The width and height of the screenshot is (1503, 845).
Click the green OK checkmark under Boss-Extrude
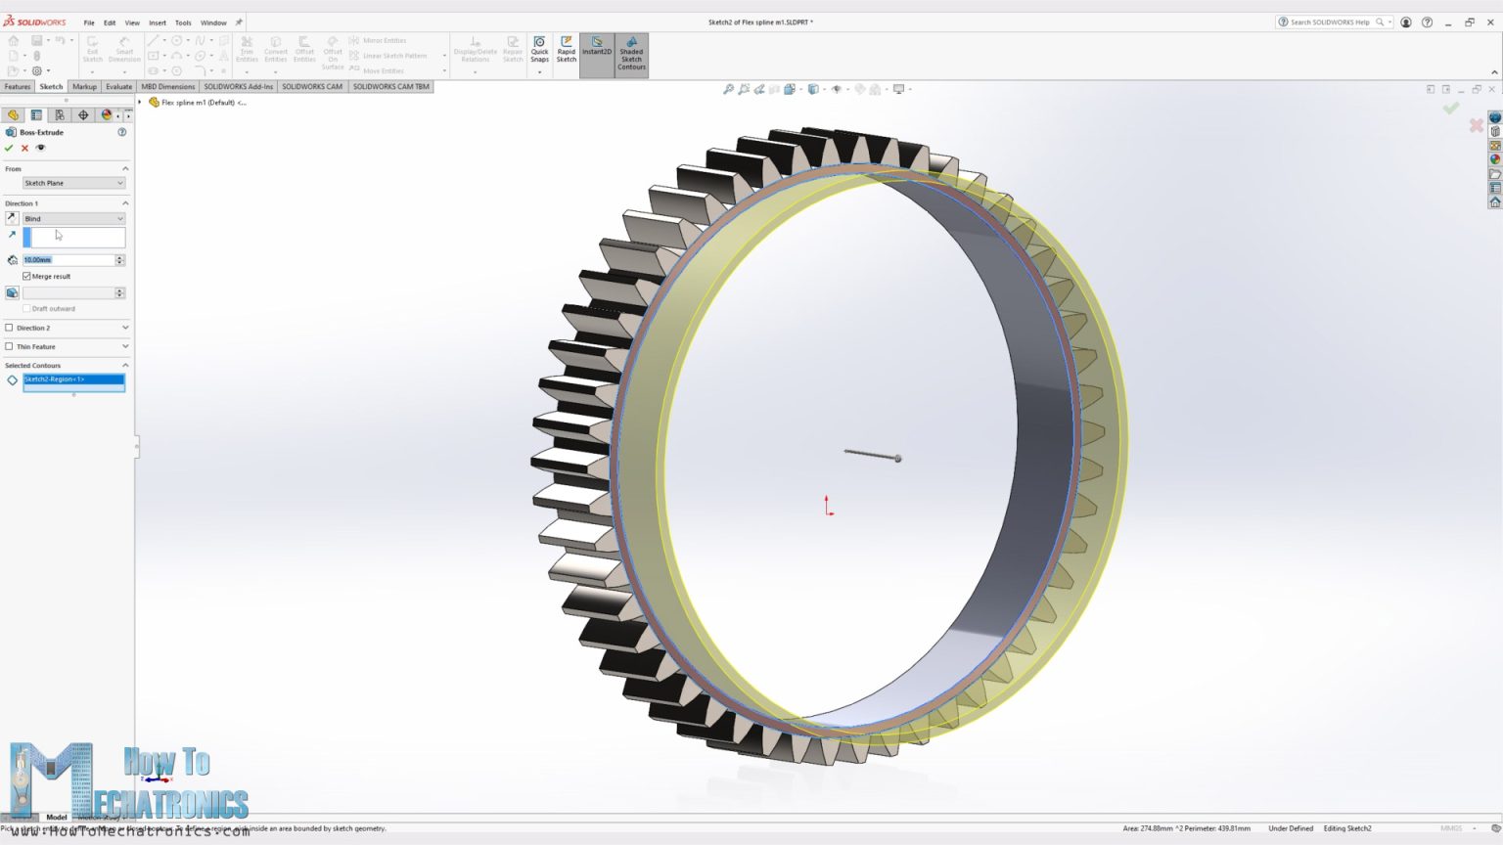9,148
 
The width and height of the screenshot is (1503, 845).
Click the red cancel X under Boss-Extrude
24,148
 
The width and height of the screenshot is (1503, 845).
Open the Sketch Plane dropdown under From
73,183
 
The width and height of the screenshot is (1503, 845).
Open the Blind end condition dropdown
73,218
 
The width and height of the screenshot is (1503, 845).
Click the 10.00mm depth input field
68,260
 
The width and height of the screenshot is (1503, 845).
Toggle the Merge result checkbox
27,277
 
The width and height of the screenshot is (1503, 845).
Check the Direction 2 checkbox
10,328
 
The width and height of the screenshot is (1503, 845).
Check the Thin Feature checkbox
10,346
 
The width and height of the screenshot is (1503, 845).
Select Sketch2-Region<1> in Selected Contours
73,379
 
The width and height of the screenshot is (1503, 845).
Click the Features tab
18,86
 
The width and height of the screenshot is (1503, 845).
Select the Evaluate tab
118,86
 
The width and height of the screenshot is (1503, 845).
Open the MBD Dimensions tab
167,86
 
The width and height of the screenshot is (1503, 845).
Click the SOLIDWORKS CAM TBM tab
390,86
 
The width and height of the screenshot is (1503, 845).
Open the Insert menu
157,22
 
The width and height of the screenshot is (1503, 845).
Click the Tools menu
183,22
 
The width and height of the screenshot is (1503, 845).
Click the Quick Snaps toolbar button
539,51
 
